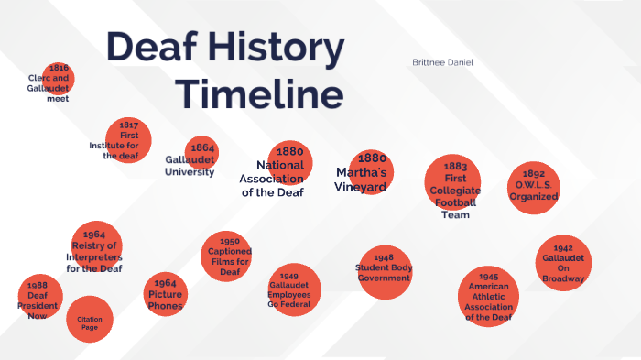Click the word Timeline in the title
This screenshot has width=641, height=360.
coord(259,94)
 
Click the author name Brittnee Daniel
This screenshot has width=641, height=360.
coord(448,62)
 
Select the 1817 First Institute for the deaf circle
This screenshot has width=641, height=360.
coord(127,139)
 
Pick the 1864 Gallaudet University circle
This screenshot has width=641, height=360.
coord(201,153)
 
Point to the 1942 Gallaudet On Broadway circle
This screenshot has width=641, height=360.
coord(563,263)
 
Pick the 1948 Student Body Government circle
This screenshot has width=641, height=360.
coord(384,272)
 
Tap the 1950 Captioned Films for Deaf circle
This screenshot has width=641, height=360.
coord(228,256)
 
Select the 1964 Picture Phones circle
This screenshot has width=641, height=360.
coord(165,294)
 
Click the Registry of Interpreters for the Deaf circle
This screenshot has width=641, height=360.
coord(96,248)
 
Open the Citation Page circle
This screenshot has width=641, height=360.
coord(90,320)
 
